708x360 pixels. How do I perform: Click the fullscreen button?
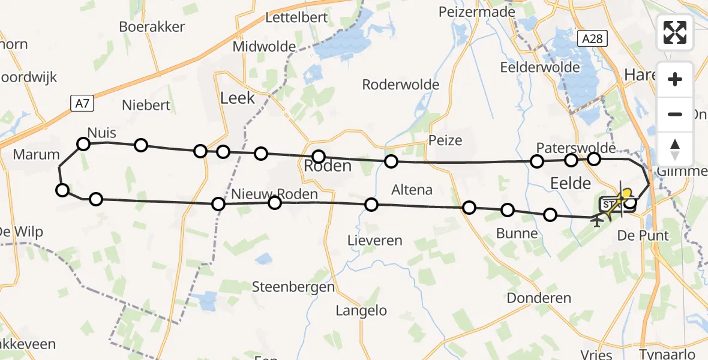675,32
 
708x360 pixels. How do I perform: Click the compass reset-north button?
675,149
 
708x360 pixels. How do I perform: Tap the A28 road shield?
593,39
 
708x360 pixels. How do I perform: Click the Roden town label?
328,166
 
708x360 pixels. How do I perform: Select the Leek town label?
238,98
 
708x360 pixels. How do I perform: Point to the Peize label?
445,140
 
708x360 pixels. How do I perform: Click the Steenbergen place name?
293,287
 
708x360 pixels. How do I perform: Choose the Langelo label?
361,311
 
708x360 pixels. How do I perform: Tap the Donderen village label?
538,298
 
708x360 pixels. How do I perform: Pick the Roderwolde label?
401,85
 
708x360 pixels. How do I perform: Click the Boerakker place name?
152,27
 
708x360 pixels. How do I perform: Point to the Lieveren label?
375,241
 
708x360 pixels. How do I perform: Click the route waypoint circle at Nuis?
83,144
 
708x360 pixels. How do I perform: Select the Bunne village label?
517,233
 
